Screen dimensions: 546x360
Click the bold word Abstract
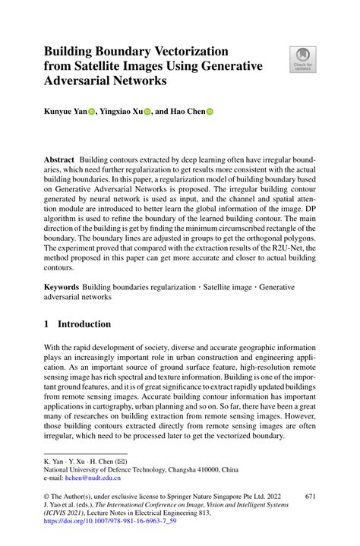point(59,161)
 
